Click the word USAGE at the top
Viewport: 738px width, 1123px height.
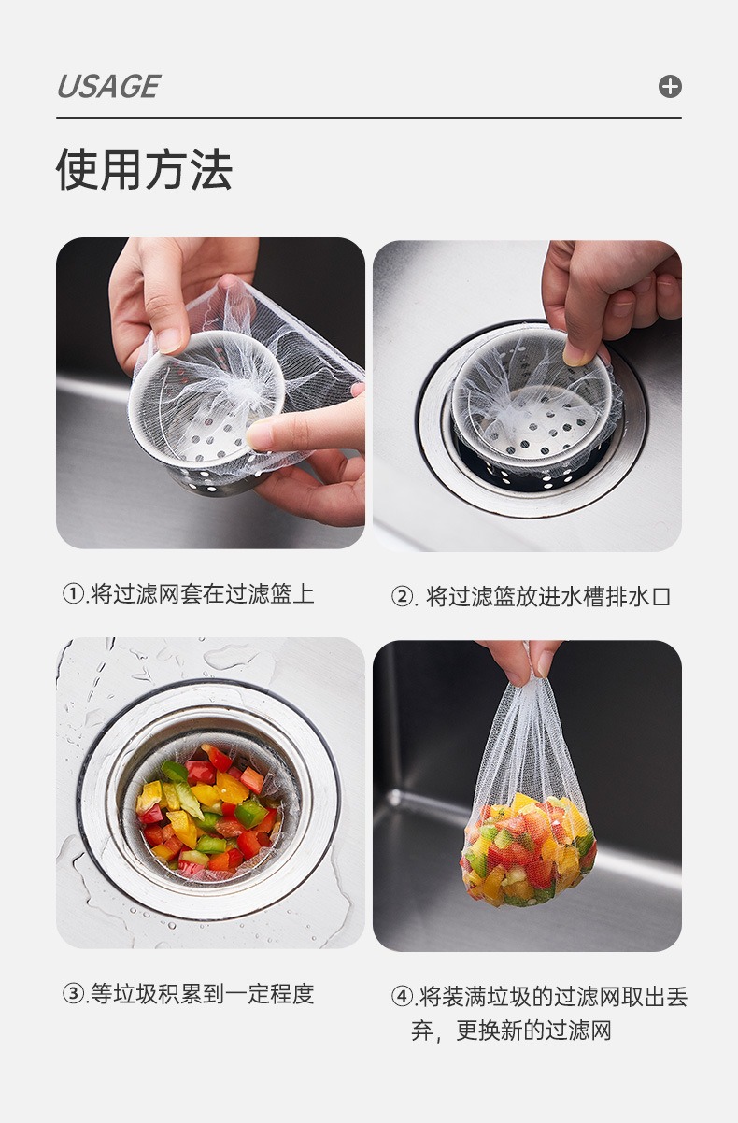coord(107,87)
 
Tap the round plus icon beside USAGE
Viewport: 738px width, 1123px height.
coord(670,87)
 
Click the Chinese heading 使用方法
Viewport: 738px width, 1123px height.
coord(144,170)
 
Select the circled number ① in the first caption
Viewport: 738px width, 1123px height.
coord(73,594)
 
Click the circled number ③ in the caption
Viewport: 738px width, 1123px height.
coord(73,994)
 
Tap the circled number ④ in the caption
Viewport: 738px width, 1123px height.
coord(402,997)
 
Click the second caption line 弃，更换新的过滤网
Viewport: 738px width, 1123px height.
coord(511,1031)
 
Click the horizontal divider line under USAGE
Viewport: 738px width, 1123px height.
coord(368,118)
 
